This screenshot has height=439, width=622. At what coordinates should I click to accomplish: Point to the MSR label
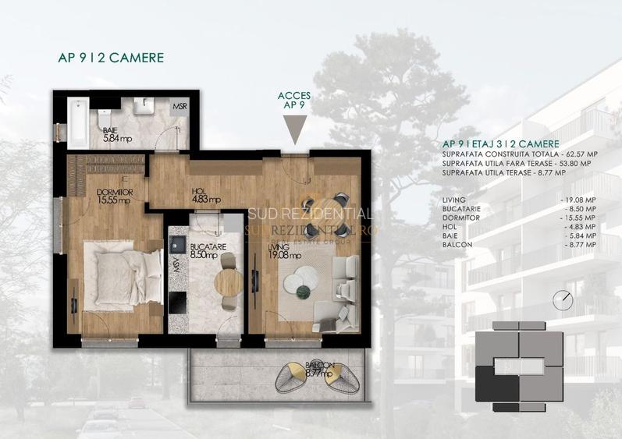tap(179, 107)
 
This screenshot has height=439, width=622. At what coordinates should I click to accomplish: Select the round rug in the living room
tap(300, 281)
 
